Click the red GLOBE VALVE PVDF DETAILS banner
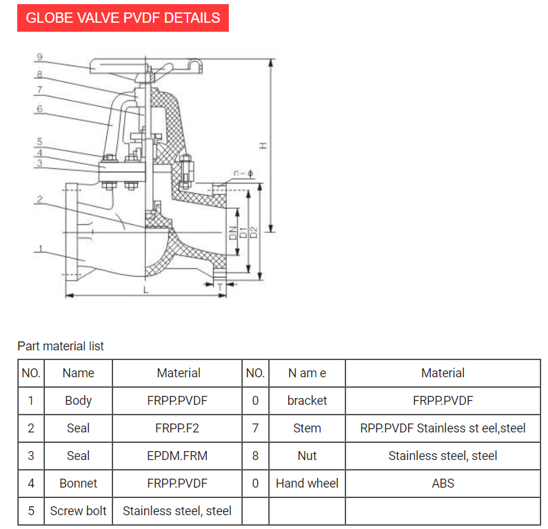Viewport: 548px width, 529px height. pyautogui.click(x=123, y=18)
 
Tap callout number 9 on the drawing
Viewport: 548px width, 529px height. pyautogui.click(x=40, y=57)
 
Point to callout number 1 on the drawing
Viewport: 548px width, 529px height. pyautogui.click(x=41, y=249)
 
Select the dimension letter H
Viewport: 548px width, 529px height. pyautogui.click(x=263, y=146)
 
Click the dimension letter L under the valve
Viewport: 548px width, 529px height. pyautogui.click(x=145, y=290)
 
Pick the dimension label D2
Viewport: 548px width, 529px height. pyautogui.click(x=254, y=232)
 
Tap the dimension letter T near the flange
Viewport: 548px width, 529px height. pyautogui.click(x=220, y=286)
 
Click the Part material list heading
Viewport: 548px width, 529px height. pyautogui.click(x=61, y=346)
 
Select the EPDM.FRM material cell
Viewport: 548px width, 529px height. pyautogui.click(x=177, y=456)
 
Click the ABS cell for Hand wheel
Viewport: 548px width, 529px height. pyautogui.click(x=443, y=483)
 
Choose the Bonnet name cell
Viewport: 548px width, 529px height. pyautogui.click(x=78, y=483)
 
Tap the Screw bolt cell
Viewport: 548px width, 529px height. pyautogui.click(x=78, y=511)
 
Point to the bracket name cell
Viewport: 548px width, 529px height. pyautogui.click(x=307, y=401)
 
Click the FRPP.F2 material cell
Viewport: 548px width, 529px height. pyautogui.click(x=177, y=428)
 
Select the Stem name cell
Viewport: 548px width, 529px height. pyautogui.click(x=307, y=428)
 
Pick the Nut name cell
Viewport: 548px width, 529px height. pyautogui.click(x=307, y=456)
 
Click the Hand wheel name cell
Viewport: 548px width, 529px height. pyautogui.click(x=307, y=483)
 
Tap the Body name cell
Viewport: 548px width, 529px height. pyautogui.click(x=78, y=401)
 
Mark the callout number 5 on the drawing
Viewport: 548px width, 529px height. pyautogui.click(x=40, y=141)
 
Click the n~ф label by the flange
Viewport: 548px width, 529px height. pyautogui.click(x=243, y=173)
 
